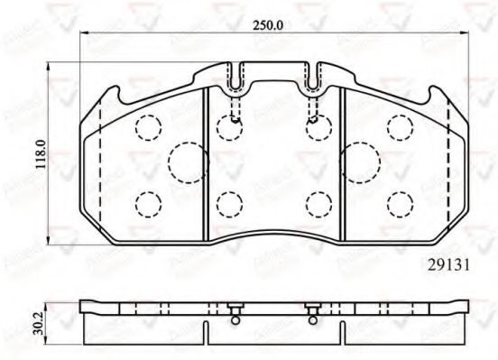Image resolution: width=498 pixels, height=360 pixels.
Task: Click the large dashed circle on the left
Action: tap(189, 162)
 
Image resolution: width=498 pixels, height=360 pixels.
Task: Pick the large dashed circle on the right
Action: tap(360, 162)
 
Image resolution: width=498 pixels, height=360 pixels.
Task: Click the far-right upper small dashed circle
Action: tap(399, 127)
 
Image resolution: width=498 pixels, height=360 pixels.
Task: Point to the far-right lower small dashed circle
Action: tap(399, 204)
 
